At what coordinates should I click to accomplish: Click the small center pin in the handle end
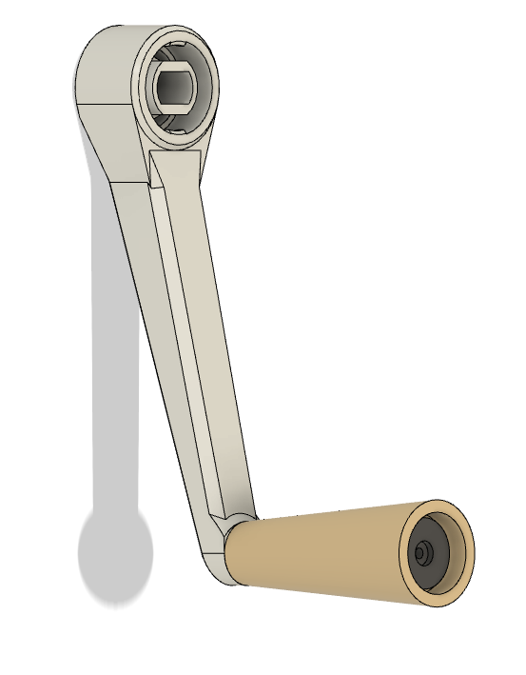pyautogui.click(x=421, y=551)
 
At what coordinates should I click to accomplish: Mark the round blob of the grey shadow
pyautogui.click(x=114, y=557)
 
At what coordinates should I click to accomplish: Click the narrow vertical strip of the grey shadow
pyautogui.click(x=114, y=362)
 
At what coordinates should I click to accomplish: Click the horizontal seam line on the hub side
pyautogui.click(x=105, y=103)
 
